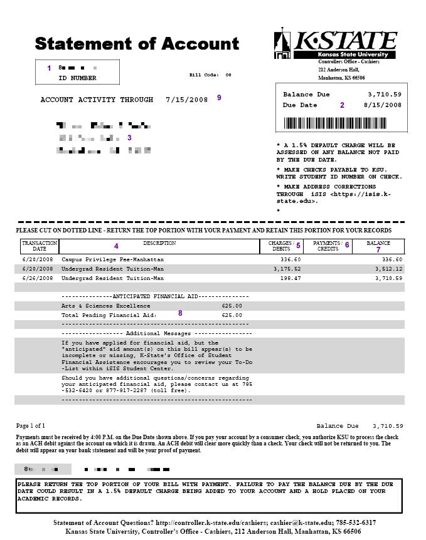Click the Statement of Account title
click(x=137, y=44)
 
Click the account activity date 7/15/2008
click(x=186, y=100)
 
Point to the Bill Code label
click(x=204, y=75)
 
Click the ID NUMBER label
click(x=77, y=78)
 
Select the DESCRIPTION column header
click(x=159, y=243)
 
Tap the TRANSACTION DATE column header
click(x=39, y=246)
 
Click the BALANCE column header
click(x=378, y=243)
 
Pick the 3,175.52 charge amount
click(x=287, y=269)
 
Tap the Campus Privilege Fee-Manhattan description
click(x=112, y=259)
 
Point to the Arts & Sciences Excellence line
click(x=105, y=306)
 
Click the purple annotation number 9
click(x=219, y=98)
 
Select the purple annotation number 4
click(x=116, y=246)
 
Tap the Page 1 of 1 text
click(x=31, y=425)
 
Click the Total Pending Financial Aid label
click(x=108, y=315)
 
